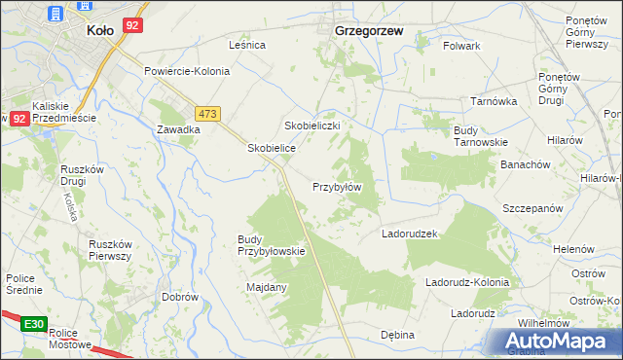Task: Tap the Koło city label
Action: pyautogui.click(x=100, y=30)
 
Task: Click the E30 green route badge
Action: pyautogui.click(x=34, y=323)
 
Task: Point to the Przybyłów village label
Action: pyautogui.click(x=337, y=187)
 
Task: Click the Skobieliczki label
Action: pyautogui.click(x=311, y=126)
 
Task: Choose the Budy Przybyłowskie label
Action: pyautogui.click(x=272, y=245)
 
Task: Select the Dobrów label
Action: pyautogui.click(x=180, y=297)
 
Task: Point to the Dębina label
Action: pyautogui.click(x=397, y=335)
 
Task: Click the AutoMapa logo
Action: pyautogui.click(x=556, y=342)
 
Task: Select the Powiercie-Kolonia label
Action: pyautogui.click(x=187, y=71)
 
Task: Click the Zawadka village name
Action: pyautogui.click(x=178, y=128)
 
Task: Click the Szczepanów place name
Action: pyautogui.click(x=532, y=209)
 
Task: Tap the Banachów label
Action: pyautogui.click(x=527, y=164)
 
